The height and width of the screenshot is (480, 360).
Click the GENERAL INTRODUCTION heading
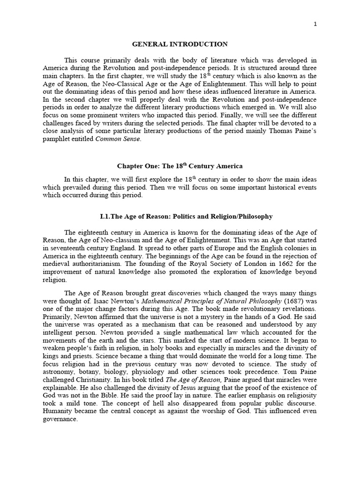pos(180,44)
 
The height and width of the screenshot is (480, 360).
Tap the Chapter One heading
pos(180,166)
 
